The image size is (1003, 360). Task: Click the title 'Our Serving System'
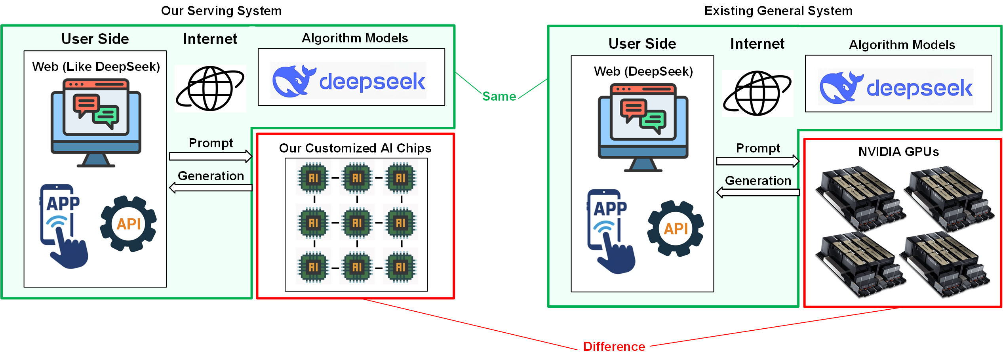pos(221,11)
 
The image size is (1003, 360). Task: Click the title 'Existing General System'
pos(778,11)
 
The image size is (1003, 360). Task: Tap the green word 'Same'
pos(499,96)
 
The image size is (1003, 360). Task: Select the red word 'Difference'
pos(614,347)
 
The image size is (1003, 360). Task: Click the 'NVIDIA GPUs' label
pos(898,152)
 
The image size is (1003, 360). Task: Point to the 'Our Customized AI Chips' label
pos(355,148)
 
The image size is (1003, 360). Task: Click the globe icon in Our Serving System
pos(210,88)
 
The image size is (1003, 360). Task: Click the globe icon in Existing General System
pos(757,93)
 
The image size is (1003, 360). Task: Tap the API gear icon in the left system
pos(129,224)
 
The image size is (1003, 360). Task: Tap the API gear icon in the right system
pos(676,229)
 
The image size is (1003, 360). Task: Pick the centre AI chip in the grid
pos(357,223)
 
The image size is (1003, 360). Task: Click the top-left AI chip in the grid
pos(313,178)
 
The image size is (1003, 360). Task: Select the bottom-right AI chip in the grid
pos(400,267)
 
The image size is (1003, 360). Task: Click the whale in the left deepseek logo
pos(293,81)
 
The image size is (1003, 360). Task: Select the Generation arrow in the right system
pos(758,192)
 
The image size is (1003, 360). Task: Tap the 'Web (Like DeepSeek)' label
pos(96,67)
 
